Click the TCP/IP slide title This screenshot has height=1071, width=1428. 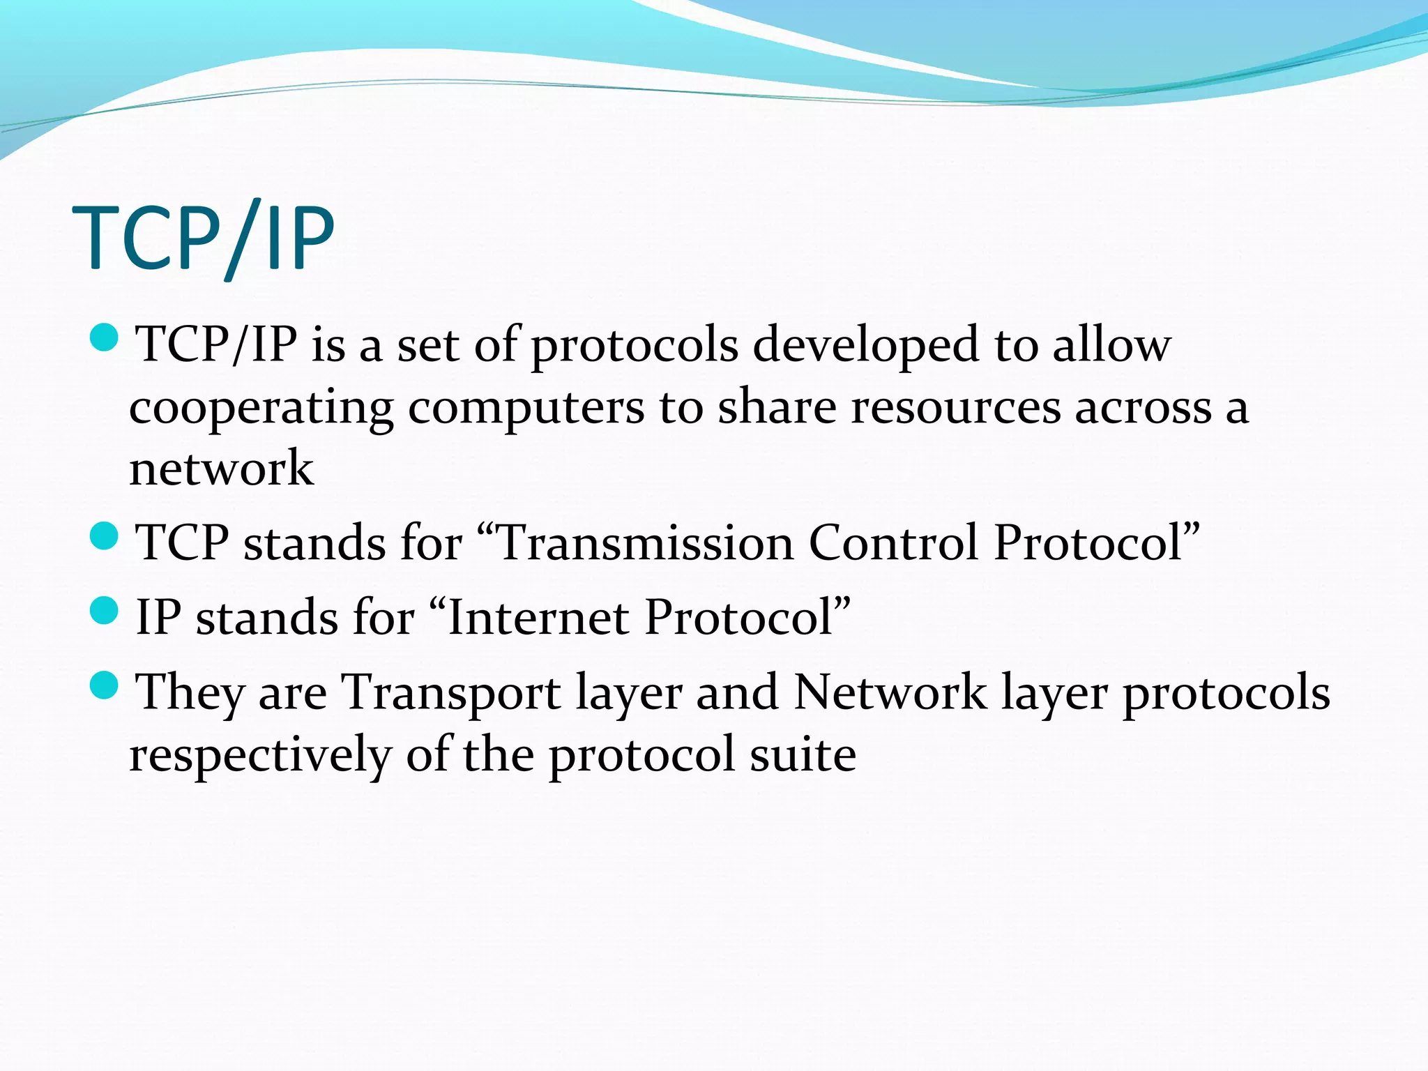[204, 238]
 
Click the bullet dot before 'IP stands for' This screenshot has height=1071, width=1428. [105, 610]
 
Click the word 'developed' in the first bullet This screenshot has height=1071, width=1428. [866, 345]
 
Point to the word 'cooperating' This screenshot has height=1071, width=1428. [261, 408]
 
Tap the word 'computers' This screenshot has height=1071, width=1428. [526, 408]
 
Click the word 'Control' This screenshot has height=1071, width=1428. [893, 542]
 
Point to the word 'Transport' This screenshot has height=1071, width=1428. [451, 692]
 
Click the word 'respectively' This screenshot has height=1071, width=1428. [260, 754]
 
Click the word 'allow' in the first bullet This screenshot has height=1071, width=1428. [1111, 345]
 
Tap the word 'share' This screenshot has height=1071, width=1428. [777, 408]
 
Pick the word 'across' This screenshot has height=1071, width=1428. [1143, 408]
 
